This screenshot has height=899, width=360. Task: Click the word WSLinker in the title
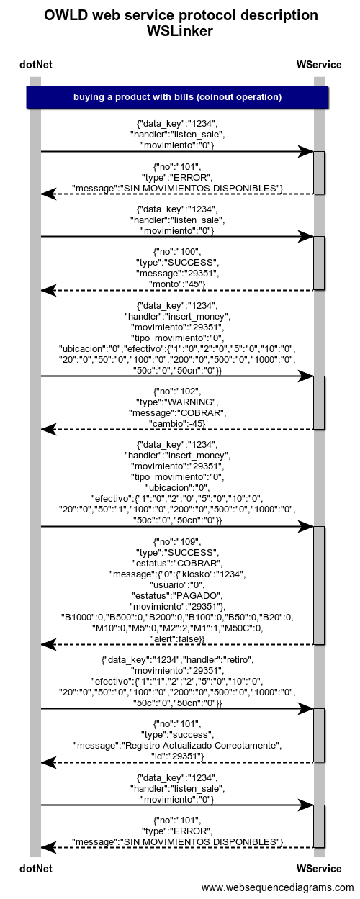coord(180,31)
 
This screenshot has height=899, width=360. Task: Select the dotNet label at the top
coord(36,65)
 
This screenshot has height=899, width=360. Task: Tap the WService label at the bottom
coord(319,869)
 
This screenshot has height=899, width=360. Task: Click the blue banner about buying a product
coord(177,97)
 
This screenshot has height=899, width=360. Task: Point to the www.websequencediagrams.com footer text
coord(278,887)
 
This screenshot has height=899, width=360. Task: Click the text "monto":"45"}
coord(177,284)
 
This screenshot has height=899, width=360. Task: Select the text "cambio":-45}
coord(177,424)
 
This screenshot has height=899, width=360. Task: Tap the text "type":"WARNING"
coord(177,402)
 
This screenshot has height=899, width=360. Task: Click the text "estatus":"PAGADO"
coord(177,595)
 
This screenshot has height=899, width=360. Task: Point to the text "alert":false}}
coord(177,639)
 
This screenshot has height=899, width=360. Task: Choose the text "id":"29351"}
coord(177,756)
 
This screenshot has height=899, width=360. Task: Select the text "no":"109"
coord(177,541)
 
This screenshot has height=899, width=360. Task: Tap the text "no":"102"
coord(177,392)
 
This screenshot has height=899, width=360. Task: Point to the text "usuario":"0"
coord(177,584)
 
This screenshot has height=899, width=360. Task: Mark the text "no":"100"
coord(177,252)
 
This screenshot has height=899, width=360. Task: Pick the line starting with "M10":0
coord(177,628)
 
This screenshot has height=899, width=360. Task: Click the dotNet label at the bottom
coord(36,869)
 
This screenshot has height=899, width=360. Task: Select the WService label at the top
coord(319,65)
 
